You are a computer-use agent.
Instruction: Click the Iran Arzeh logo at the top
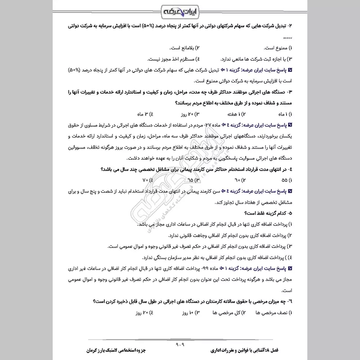[x=180, y=10]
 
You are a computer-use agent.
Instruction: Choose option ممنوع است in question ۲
[x=275, y=48]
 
